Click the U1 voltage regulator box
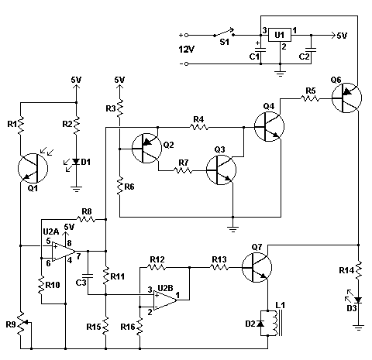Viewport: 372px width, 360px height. pos(280,35)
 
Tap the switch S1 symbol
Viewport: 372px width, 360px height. pos(224,33)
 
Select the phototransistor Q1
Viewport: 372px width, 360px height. pos(33,168)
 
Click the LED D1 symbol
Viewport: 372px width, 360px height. pos(76,162)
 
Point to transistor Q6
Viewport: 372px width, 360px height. pos(346,98)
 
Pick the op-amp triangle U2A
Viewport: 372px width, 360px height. pos(64,252)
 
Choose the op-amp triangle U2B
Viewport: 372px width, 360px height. pos(165,300)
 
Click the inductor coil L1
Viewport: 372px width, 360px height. pos(277,323)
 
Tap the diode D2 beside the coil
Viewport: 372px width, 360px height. pos(260,324)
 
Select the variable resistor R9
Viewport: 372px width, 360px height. pos(23,324)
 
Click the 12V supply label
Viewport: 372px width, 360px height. pos(187,50)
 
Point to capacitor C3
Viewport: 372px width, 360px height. pos(88,276)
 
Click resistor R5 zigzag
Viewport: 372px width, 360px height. pos(310,98)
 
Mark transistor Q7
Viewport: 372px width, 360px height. pos(257,268)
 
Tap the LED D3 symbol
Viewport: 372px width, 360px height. pos(358,300)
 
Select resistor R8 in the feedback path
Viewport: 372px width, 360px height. pos(86,219)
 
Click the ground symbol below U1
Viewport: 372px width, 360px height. pos(280,73)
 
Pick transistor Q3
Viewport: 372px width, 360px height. pos(221,170)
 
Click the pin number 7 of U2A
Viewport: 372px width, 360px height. pos(78,256)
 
